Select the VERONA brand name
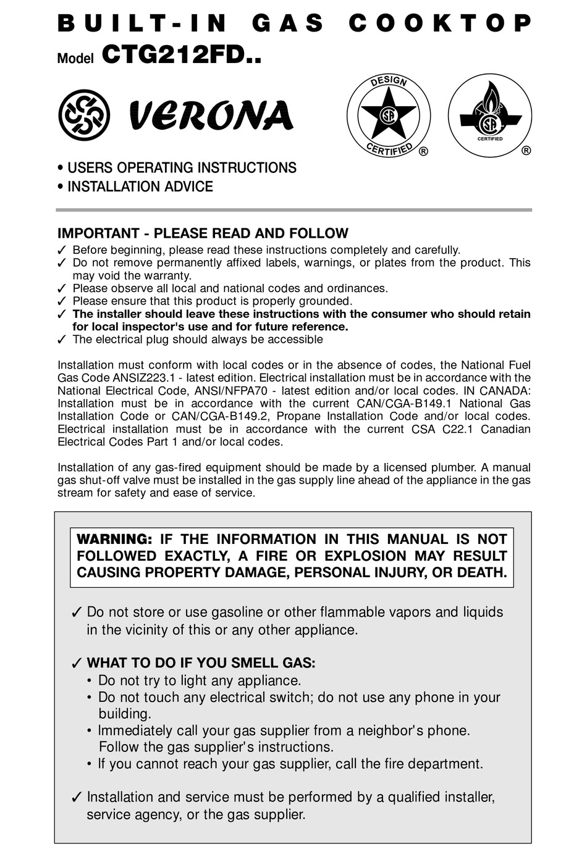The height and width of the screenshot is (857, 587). [211, 116]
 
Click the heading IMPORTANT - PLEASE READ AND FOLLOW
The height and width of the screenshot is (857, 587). [203, 233]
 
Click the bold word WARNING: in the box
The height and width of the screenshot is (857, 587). [114, 539]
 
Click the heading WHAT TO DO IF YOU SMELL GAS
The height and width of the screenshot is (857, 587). [201, 663]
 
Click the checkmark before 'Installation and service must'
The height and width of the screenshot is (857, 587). [77, 798]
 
